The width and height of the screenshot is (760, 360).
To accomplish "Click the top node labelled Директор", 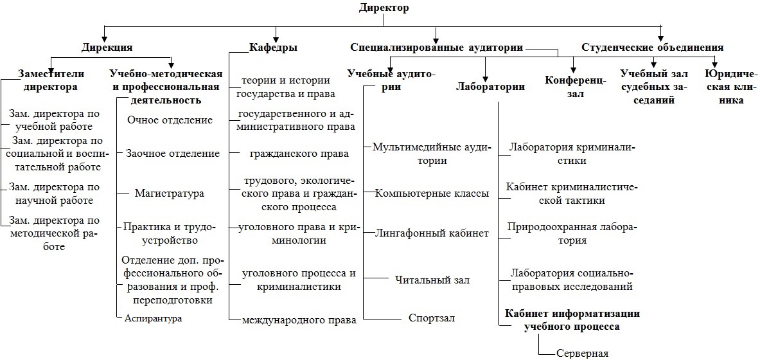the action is pos(384,7).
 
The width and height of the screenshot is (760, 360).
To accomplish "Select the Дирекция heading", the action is pos(107,48).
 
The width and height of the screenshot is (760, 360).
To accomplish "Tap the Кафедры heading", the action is pos(274,48).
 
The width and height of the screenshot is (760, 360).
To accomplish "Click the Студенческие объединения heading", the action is pos(653,48).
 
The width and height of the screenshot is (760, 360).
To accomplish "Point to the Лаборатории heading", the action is pos(491,87).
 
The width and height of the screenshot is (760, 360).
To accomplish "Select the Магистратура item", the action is pos(169,193).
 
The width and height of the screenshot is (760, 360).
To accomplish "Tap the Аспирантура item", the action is pos(153,318).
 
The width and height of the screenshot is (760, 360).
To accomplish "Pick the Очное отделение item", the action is pos(170,120).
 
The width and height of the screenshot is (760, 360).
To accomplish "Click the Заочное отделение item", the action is pos(173,153).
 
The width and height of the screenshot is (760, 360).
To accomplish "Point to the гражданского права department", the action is pos(299,154).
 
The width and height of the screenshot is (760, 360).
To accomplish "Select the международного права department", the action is pos(299,319).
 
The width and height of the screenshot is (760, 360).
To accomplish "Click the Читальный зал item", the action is pos(432,280).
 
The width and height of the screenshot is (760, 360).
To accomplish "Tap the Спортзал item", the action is pos(431,318).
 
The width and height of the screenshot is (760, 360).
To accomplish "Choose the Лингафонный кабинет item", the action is pos(432,233).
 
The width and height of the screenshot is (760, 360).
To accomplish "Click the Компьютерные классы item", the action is pos(432,193).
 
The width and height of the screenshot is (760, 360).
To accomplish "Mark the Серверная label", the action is pos(582,353).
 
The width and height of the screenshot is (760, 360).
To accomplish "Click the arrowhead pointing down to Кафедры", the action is pos(276,39).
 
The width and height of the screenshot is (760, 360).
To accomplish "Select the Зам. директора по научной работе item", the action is pos(54,193).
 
